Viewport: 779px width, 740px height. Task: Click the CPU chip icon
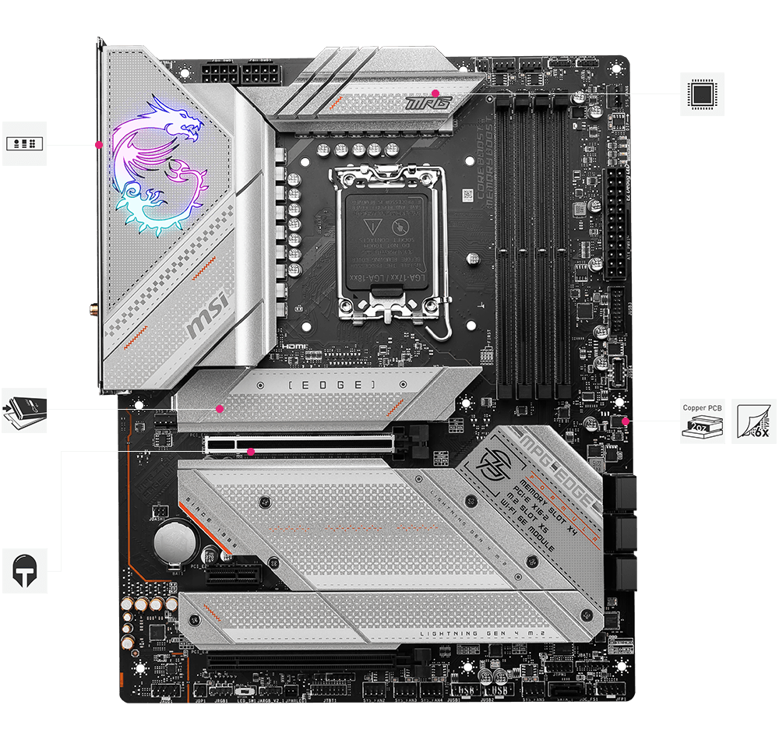702,94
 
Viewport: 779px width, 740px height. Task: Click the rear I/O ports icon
24,143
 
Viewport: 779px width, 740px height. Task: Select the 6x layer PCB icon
754,421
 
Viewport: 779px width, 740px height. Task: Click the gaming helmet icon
24,571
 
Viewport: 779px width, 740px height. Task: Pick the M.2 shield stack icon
24,411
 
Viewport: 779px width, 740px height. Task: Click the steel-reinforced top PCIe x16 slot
300,443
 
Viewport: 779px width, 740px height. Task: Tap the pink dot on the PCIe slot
250,451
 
